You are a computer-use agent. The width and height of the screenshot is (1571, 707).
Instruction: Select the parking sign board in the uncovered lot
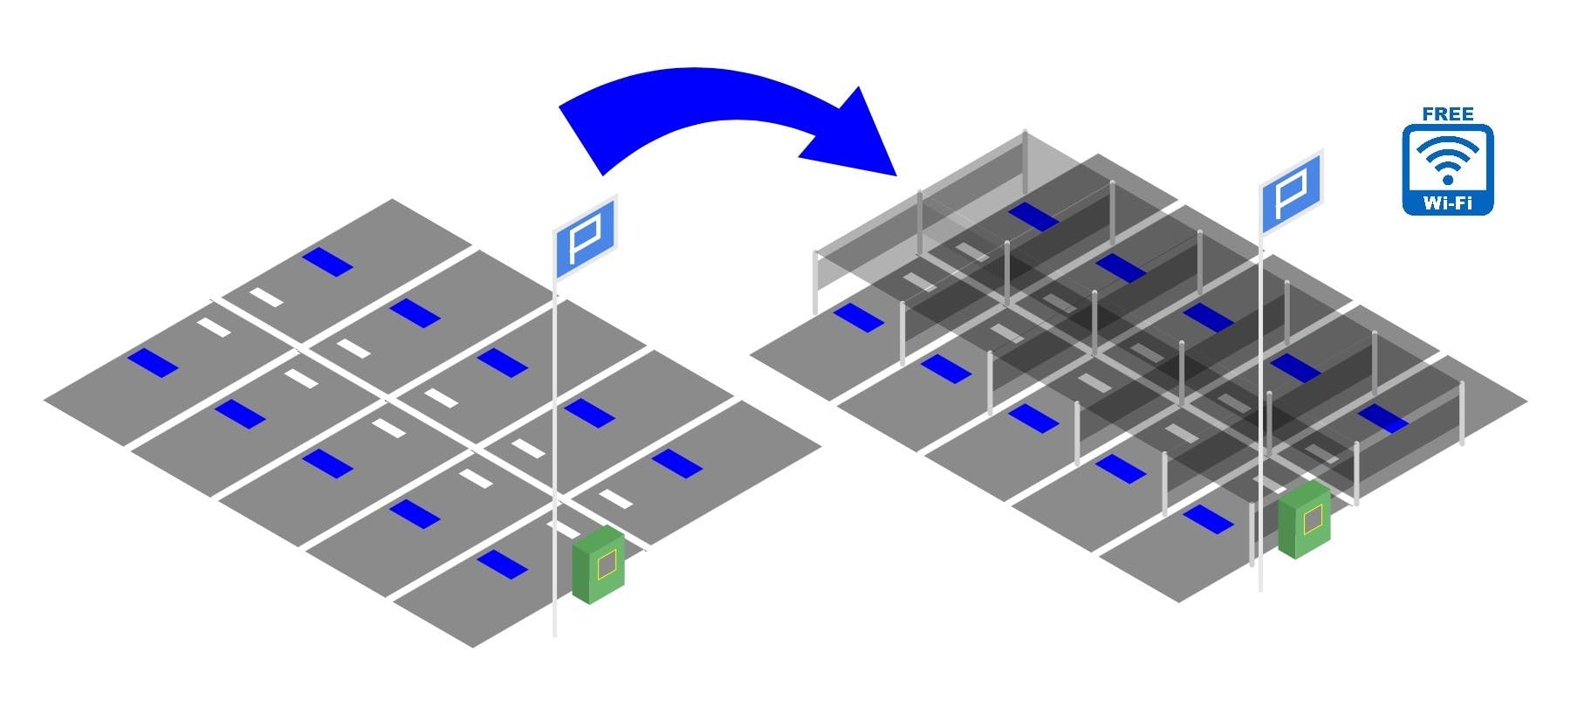(586, 237)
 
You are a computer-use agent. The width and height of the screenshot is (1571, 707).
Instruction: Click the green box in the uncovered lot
(599, 566)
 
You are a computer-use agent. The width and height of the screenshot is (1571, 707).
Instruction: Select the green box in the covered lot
(1304, 520)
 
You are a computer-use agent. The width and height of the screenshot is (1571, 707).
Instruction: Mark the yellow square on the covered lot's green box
(1312, 521)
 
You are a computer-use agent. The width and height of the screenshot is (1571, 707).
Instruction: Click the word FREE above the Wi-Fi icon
(1447, 113)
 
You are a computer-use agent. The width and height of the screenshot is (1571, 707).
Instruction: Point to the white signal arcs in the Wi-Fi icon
(1447, 154)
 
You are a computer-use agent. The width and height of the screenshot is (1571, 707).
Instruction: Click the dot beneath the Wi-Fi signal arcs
(1447, 180)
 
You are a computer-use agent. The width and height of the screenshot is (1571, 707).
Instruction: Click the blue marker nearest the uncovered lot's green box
(502, 564)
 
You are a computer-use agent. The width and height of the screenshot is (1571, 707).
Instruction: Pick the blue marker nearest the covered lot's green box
(1208, 519)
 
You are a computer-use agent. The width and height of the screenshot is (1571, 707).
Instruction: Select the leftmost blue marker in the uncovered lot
(153, 362)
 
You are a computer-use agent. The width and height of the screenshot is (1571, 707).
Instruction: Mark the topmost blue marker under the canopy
(1032, 217)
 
